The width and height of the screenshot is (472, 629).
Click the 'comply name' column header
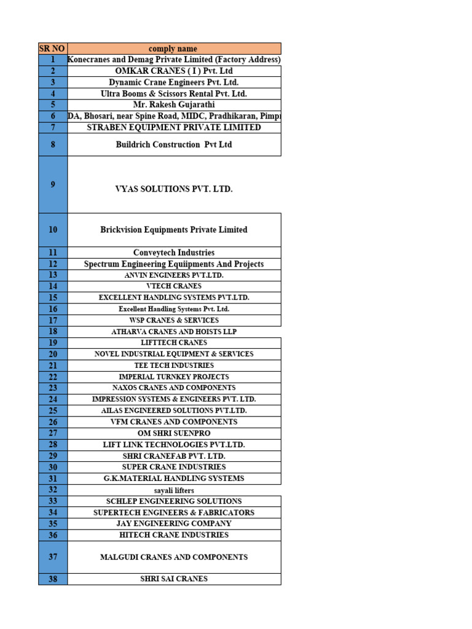pos(173,49)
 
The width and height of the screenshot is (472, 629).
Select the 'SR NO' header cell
pos(53,49)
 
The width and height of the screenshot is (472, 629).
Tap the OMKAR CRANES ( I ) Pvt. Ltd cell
pos(174,71)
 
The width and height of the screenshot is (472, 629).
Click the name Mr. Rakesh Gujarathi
pos(174,105)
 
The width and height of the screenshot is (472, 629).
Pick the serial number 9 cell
pos(53,184)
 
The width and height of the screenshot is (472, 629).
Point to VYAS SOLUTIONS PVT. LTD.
pos(174,189)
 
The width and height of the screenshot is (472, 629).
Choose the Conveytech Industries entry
pos(174,252)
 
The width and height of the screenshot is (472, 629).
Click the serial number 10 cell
pos(53,230)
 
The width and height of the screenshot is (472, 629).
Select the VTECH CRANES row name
pos(174,286)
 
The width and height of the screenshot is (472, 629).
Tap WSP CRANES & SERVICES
pos(174,320)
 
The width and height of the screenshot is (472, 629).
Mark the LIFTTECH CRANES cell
pos(174,343)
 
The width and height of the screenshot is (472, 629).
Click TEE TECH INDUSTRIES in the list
pos(174,365)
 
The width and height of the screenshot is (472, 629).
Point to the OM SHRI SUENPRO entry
pos(174,433)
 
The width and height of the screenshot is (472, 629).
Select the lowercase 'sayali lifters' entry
pos(174,490)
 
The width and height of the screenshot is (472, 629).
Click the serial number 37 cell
pos(53,557)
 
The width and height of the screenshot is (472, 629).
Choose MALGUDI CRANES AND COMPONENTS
pos(174,557)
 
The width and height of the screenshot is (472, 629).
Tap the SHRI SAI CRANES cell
pos(174,579)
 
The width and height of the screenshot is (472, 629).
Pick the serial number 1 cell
pos(53,60)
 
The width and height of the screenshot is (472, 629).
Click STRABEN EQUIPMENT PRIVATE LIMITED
pos(174,128)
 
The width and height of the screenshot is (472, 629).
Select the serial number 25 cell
pos(53,410)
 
